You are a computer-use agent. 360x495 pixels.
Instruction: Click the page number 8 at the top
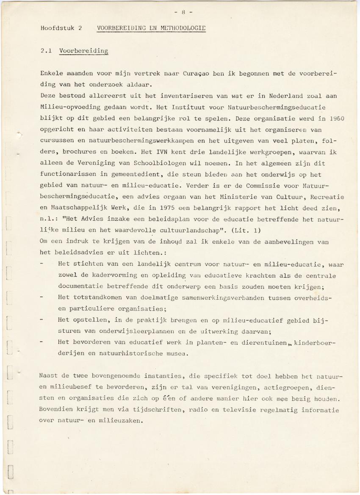coord(183,12)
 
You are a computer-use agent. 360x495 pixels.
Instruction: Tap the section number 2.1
coord(46,51)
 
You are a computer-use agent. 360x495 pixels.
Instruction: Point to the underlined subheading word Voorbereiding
coord(83,51)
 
